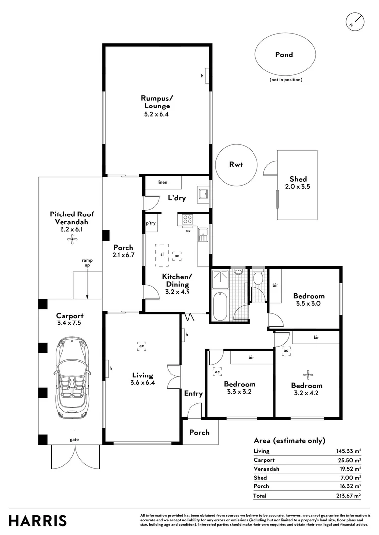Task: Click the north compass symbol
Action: pyautogui.click(x=354, y=21)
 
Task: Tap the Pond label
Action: pyautogui.click(x=284, y=54)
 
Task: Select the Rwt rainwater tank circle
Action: pyautogui.click(x=236, y=164)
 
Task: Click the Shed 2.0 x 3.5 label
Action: pyautogui.click(x=298, y=182)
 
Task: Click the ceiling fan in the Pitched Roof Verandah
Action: pyautogui.click(x=72, y=240)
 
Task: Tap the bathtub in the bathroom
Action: pyautogui.click(x=219, y=306)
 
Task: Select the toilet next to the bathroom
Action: pyautogui.click(x=259, y=277)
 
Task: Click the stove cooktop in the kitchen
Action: pyautogui.click(x=188, y=219)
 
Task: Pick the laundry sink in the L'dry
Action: pyautogui.click(x=203, y=194)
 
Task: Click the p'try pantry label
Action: pyautogui.click(x=151, y=223)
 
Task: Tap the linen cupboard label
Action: pyautogui.click(x=162, y=182)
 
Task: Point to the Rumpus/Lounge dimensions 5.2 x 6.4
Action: pyautogui.click(x=157, y=114)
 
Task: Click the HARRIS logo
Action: pyautogui.click(x=38, y=521)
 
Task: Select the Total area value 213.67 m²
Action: pyautogui.click(x=349, y=495)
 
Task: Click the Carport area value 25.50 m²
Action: pyautogui.click(x=349, y=460)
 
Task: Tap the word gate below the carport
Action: pyautogui.click(x=74, y=440)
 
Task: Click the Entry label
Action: pyautogui.click(x=193, y=393)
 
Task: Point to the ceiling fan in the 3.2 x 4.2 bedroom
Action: pyautogui.click(x=308, y=374)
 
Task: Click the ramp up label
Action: pyautogui.click(x=87, y=263)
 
